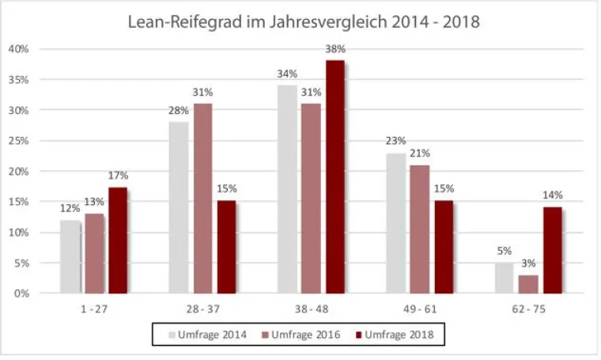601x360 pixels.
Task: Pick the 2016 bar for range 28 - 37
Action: tap(202, 198)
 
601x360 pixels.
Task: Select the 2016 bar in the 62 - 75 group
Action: tap(528, 284)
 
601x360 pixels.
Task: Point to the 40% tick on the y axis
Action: tap(18, 49)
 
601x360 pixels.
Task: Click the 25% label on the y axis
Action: tap(18, 141)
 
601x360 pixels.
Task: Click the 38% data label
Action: tap(335, 49)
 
